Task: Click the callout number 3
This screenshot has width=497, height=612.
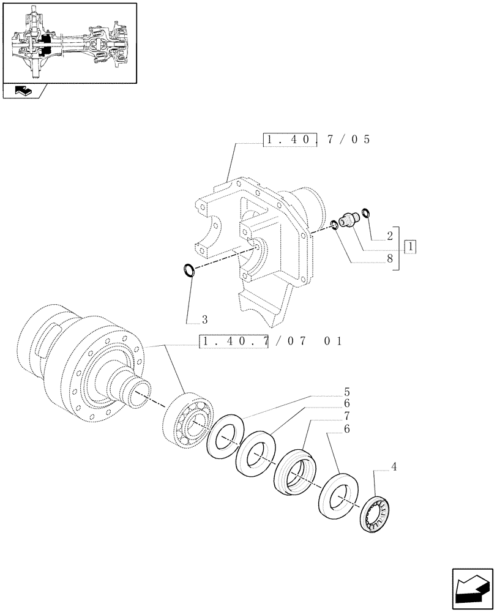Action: pos(204,319)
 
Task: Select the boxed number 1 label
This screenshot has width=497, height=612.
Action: pos(410,247)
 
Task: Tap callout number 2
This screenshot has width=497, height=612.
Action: pos(389,236)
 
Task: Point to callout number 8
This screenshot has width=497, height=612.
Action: pos(389,259)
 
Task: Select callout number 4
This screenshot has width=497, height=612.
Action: pos(394,467)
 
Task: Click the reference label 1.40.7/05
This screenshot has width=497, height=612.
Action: pos(317,140)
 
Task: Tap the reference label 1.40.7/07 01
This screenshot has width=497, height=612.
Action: pos(270,341)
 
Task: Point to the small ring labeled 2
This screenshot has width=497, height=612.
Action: pos(366,212)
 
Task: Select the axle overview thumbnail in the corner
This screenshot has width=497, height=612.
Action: pos(69,42)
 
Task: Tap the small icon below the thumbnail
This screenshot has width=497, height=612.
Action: pos(25,91)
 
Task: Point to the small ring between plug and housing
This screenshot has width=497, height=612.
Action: pos(334,224)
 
